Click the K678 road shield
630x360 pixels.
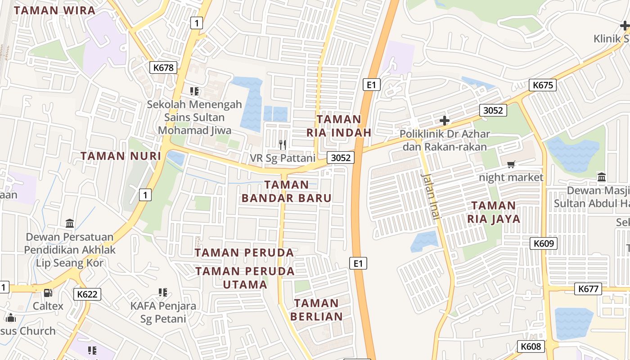163,68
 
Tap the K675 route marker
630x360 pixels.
543,85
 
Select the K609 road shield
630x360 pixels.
544,244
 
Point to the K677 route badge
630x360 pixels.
588,289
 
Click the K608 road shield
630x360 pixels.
531,346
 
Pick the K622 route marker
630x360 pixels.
87,295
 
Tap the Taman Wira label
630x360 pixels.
54,10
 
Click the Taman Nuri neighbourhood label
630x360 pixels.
121,156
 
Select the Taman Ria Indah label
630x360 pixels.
339,126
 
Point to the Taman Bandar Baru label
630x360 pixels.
287,191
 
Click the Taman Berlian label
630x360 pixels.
316,310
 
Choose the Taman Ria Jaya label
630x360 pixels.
494,212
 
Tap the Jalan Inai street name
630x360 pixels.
430,196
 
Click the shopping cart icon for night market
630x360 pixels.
511,165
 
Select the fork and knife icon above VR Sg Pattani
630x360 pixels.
283,144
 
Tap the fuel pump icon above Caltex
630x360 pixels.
48,293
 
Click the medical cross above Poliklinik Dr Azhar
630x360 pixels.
445,120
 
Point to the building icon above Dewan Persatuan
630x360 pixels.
70,223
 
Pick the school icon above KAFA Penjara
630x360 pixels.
163,292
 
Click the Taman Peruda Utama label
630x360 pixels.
245,278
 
